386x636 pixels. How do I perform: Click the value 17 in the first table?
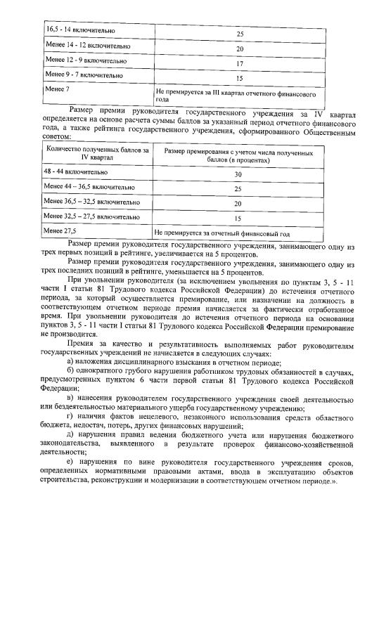click(239, 63)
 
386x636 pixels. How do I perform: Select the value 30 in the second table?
click(238, 174)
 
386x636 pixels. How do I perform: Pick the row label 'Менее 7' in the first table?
click(58, 90)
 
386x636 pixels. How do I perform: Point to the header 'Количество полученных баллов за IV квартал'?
click(97, 154)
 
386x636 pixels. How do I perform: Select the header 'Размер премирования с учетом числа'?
click(238, 154)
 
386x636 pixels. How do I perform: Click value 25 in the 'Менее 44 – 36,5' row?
click(238, 189)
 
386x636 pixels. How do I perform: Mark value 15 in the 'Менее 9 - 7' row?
click(239, 79)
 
